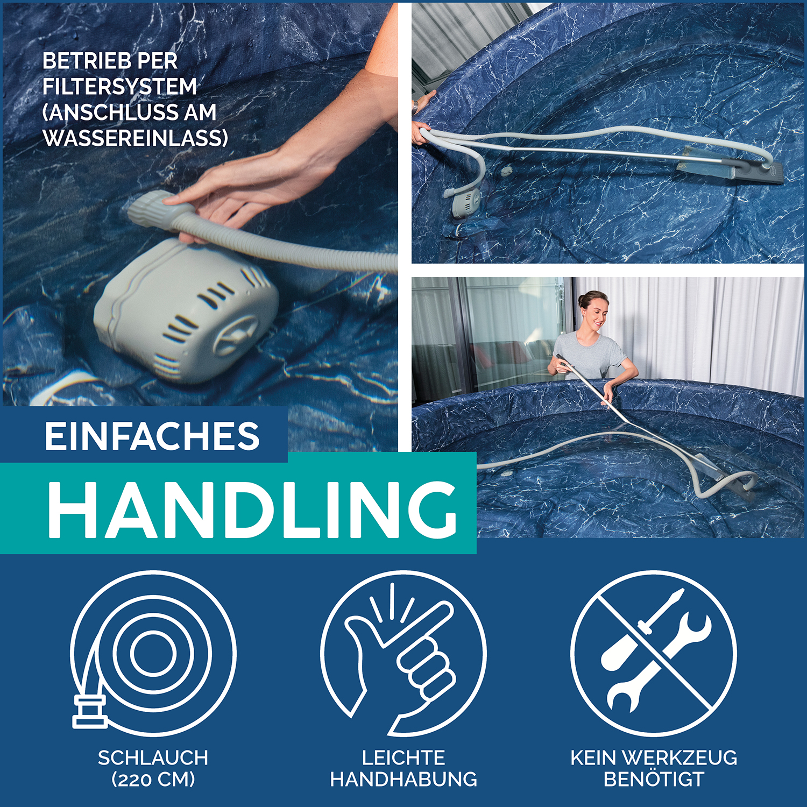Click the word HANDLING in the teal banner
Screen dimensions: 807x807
coord(252,509)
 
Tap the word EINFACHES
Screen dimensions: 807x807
coord(152,436)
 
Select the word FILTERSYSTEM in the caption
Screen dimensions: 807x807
coord(119,87)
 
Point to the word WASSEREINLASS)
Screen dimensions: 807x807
coord(136,138)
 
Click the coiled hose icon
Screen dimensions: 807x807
coord(153,653)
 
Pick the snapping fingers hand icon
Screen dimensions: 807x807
coord(403,653)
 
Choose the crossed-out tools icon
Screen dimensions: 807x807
coord(654,653)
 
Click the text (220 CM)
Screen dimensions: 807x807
coord(153,779)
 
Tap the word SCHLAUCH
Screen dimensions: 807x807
coord(153,758)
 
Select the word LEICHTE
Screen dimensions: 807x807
coord(403,758)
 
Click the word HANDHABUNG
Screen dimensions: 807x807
coord(403,779)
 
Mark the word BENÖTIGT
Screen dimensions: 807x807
coord(654,779)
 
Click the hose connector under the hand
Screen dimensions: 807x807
coord(153,211)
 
